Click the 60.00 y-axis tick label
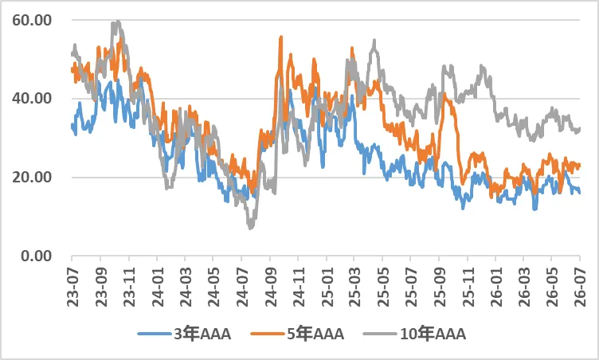(32, 20)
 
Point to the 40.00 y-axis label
(32, 99)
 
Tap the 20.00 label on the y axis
(32, 178)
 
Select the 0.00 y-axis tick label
(37, 256)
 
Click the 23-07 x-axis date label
(72, 287)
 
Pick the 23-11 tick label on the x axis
(129, 287)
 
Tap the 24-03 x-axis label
(186, 287)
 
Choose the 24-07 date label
(242, 287)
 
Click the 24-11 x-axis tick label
(299, 287)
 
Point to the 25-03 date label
(354, 287)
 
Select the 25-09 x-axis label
(440, 287)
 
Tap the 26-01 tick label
(496, 287)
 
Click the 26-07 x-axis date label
(580, 287)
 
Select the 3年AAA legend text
(202, 334)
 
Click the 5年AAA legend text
(315, 334)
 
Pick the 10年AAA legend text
(433, 334)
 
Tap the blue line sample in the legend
(155, 334)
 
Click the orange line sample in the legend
(268, 334)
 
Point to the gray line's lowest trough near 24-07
(251, 228)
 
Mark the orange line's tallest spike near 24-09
(281, 37)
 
